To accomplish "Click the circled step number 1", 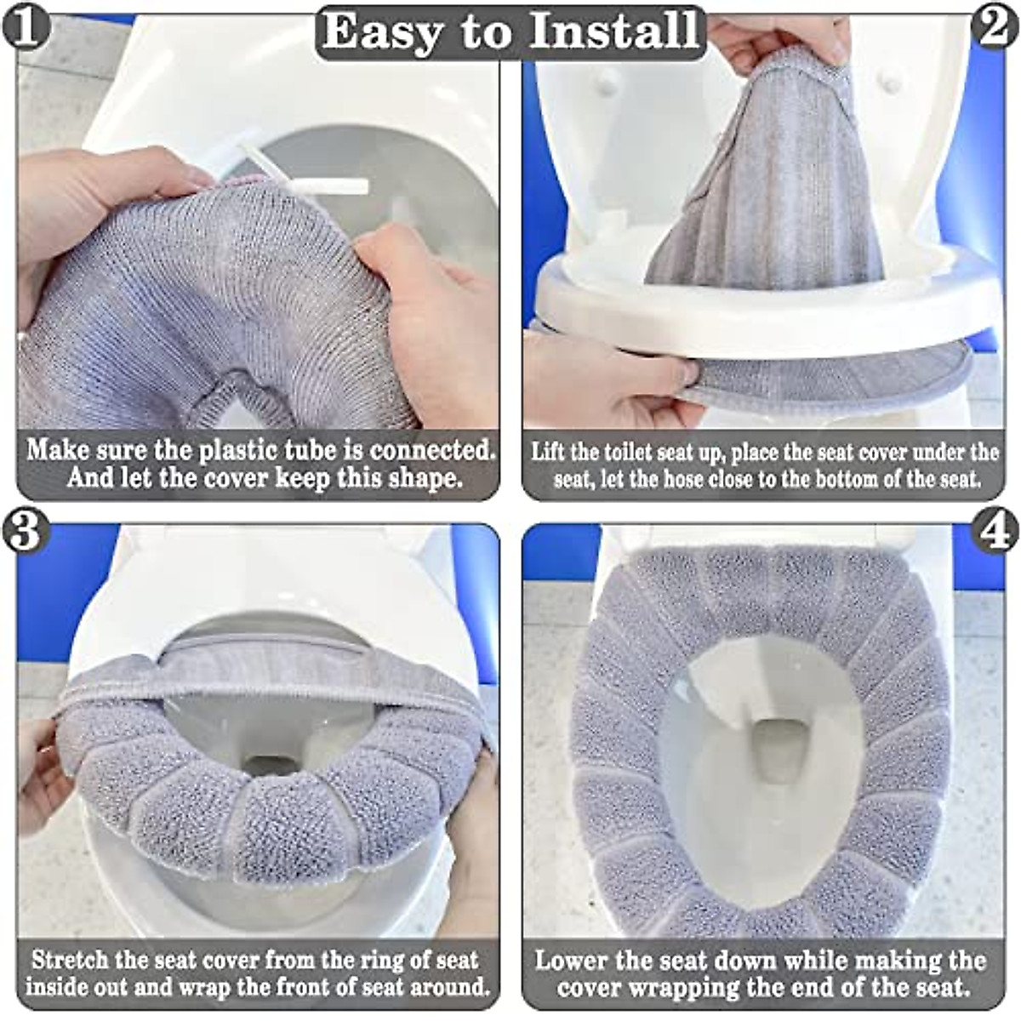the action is (x=26, y=26).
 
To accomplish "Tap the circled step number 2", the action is (x=995, y=26).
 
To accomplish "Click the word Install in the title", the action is (x=613, y=31).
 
